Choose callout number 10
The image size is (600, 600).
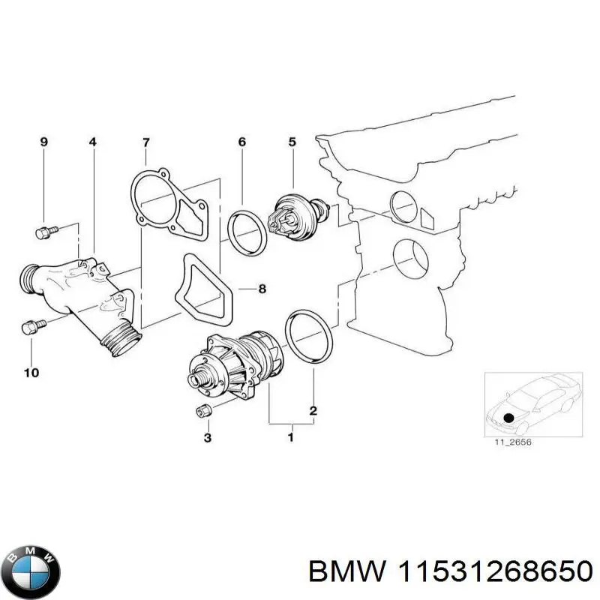click(32, 371)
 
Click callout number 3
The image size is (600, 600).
click(208, 437)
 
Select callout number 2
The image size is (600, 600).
click(313, 410)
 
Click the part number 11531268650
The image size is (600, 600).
click(492, 572)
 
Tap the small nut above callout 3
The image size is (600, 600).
click(202, 409)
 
